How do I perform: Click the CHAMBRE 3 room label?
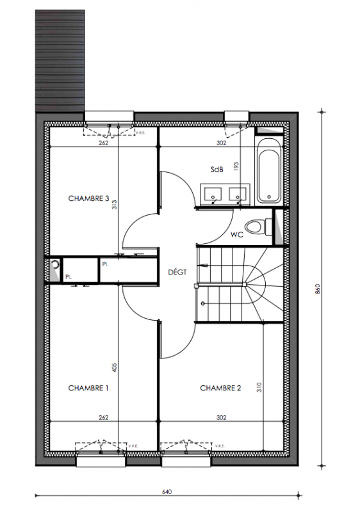click(x=88, y=198)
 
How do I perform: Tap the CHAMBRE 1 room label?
click(x=88, y=388)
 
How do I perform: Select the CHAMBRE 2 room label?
click(x=220, y=388)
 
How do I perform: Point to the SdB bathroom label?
click(x=217, y=170)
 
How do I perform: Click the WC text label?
click(x=236, y=234)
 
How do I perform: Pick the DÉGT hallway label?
click(x=177, y=271)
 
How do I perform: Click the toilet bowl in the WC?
click(x=254, y=227)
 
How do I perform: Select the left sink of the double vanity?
click(x=213, y=194)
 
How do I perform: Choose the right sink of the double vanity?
click(x=238, y=194)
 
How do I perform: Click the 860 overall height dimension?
click(x=318, y=289)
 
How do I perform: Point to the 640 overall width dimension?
click(x=167, y=492)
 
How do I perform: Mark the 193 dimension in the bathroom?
click(x=236, y=166)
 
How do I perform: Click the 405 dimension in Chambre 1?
click(x=114, y=367)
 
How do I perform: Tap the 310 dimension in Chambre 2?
click(x=259, y=387)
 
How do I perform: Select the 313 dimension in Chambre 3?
click(x=114, y=204)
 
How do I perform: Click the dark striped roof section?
click(x=60, y=61)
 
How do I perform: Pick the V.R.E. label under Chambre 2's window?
click(x=220, y=446)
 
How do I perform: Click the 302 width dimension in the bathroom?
click(x=221, y=143)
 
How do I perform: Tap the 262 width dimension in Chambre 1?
click(x=104, y=418)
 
